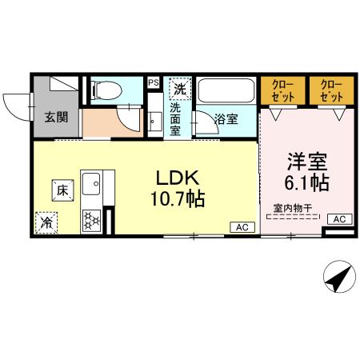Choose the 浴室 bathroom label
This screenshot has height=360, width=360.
[226, 119]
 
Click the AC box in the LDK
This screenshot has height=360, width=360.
[241, 227]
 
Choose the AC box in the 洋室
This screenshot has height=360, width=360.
[338, 218]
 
